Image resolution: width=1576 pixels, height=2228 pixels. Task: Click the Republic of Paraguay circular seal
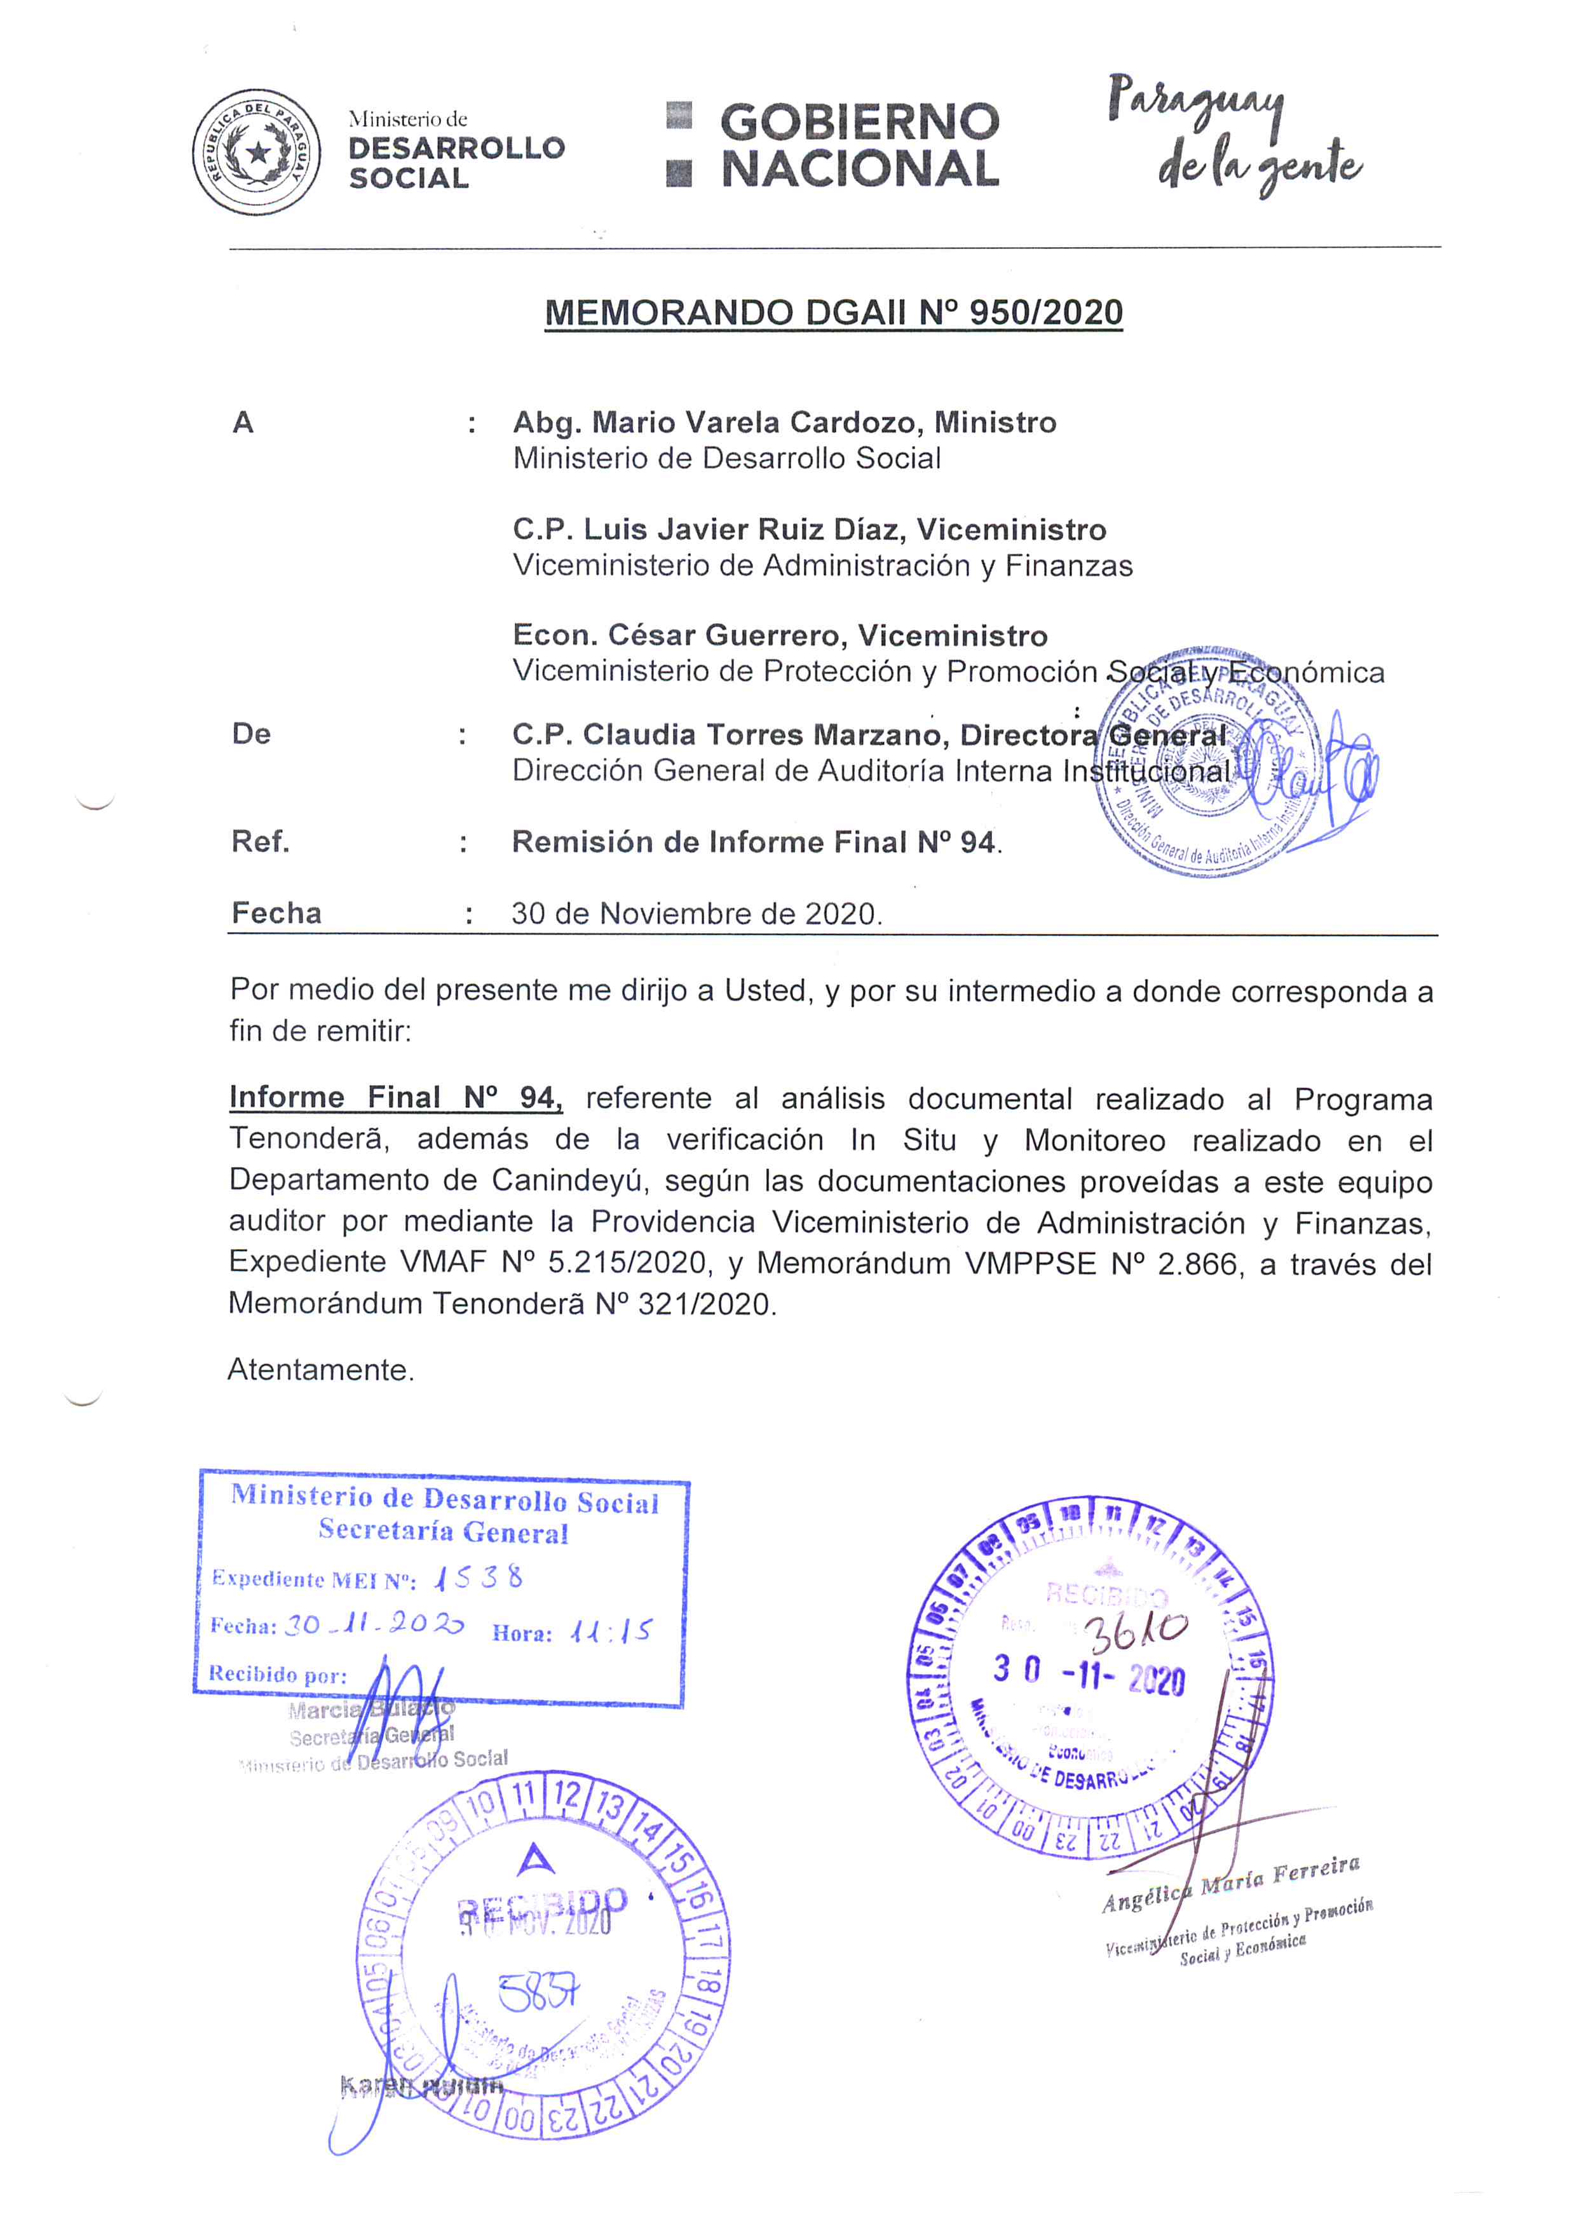point(256,151)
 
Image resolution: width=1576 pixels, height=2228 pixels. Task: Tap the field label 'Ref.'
point(260,841)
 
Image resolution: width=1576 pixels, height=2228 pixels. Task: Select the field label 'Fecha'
point(276,913)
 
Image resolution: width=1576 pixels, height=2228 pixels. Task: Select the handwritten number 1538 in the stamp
point(479,1579)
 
